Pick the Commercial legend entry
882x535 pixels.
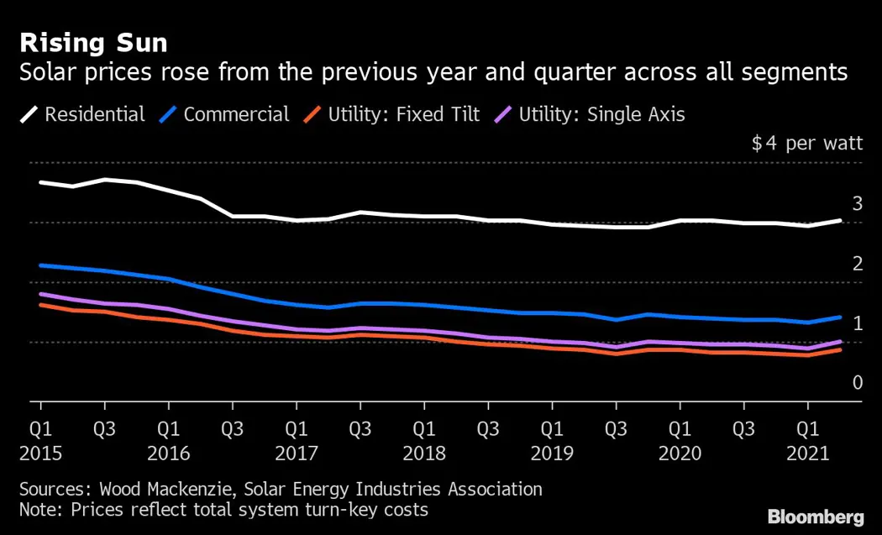[236, 114]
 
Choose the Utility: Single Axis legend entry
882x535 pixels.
[601, 114]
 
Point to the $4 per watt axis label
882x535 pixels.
[807, 143]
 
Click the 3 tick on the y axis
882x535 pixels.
[858, 203]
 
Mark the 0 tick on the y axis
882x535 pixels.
[858, 383]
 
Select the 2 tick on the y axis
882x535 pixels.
[858, 264]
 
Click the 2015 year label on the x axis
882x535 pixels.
[39, 454]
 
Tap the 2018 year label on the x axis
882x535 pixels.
[423, 454]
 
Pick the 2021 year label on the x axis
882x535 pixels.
[807, 454]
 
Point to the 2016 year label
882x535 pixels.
[168, 454]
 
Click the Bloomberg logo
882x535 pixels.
[816, 516]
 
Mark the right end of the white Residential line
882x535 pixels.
[839, 220]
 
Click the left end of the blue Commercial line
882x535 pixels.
[40, 265]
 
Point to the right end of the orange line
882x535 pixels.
[839, 349]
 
